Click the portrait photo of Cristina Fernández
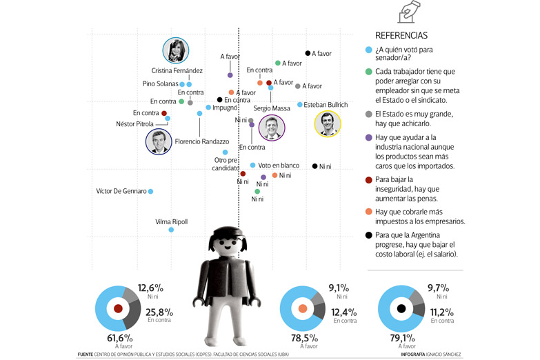pos(175,50)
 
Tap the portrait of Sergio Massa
pos(271,128)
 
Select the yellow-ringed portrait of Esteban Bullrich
pos(327,125)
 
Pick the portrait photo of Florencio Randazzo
pos(159,141)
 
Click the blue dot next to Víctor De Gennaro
pos(151,191)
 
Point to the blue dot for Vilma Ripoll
pos(171,229)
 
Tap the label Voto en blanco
pos(278,166)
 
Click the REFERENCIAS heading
pos(401,35)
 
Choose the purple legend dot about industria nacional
pos(369,138)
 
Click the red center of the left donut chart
pos(117,309)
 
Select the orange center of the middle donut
pos(303,309)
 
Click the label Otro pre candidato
pos(226,164)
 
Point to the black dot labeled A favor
pos(308,53)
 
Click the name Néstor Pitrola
pos(134,124)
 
